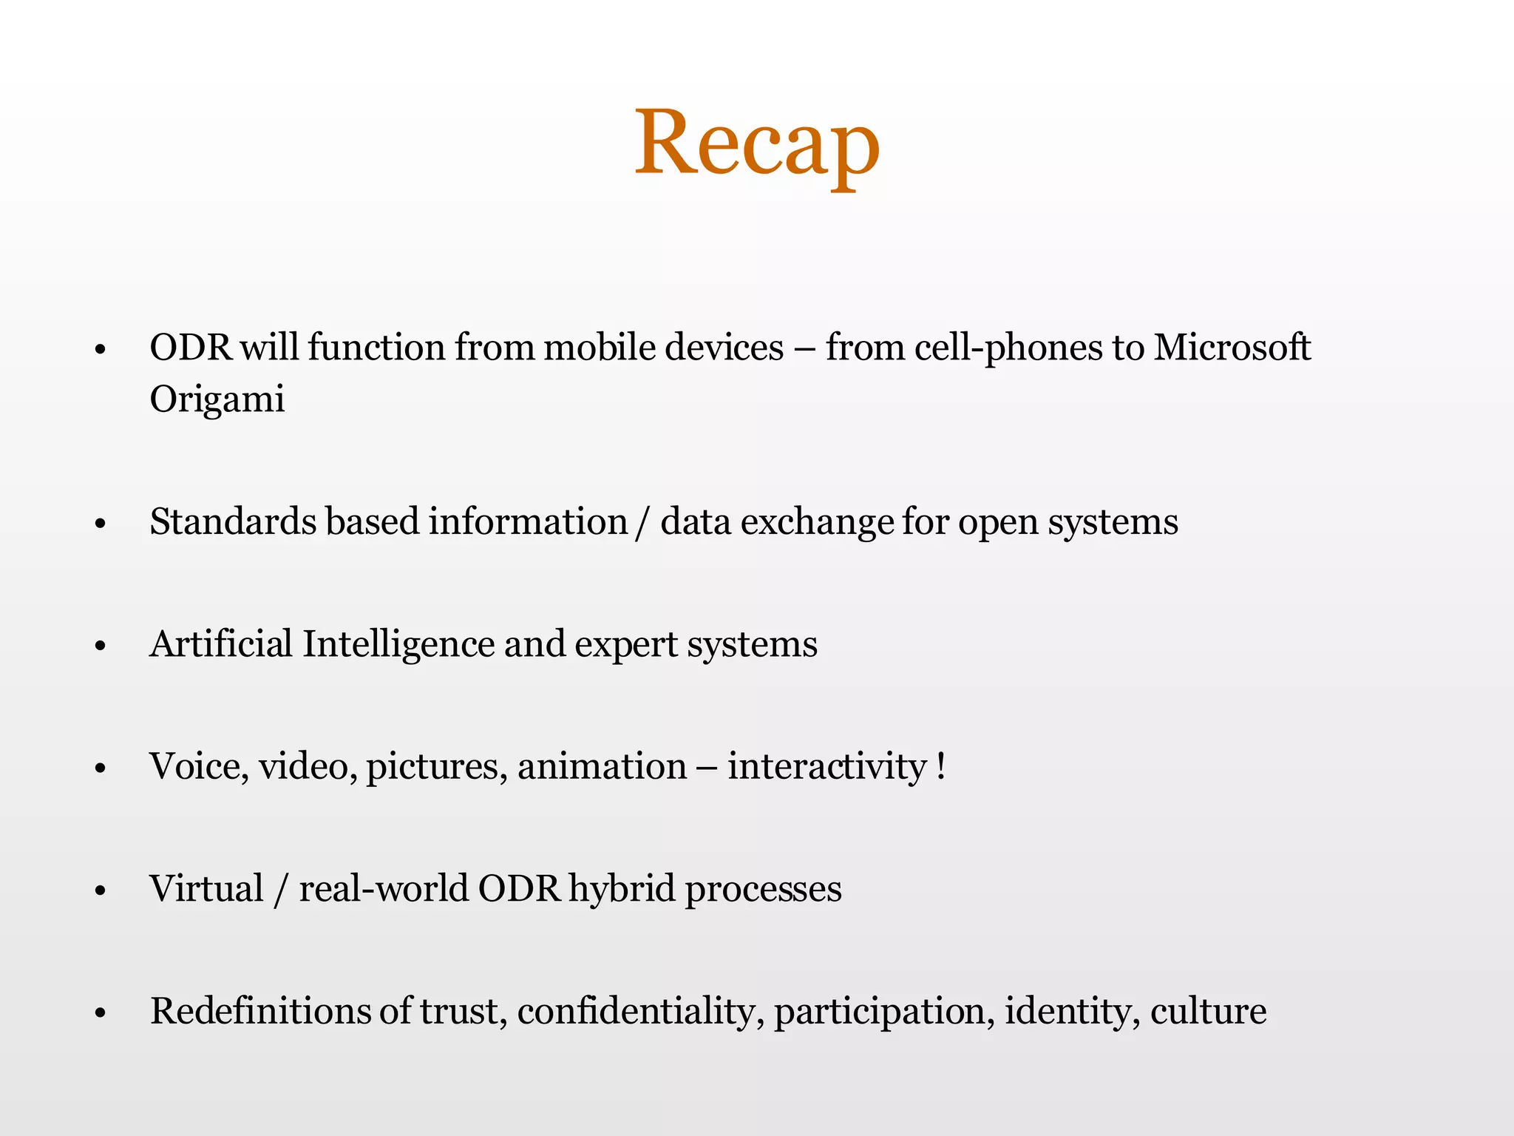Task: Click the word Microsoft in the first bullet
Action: tap(1232, 348)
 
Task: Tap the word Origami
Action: tap(217, 400)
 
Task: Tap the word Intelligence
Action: tap(398, 645)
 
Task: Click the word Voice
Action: tap(197, 766)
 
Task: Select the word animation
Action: tap(602, 766)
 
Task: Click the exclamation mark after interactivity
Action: tap(940, 765)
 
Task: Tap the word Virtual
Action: tap(206, 888)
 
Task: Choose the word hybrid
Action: tap(622, 889)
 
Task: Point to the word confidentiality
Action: tap(640, 1012)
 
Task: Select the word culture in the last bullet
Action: tap(1208, 1010)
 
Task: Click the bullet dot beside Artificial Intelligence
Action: tap(101, 646)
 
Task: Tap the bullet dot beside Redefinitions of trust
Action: tap(101, 1013)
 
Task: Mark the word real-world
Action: tap(384, 888)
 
